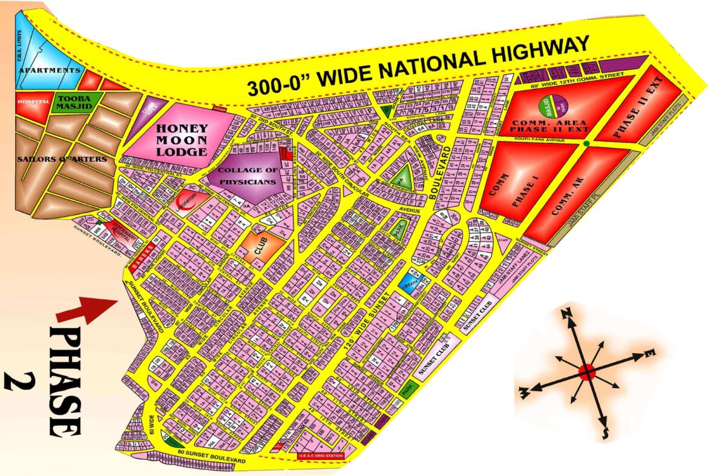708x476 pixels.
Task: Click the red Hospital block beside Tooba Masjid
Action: (33, 102)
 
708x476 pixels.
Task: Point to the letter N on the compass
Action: (567, 313)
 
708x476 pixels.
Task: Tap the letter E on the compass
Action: (649, 352)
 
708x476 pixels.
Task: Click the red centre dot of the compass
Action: (586, 372)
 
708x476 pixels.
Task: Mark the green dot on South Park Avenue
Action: (587, 144)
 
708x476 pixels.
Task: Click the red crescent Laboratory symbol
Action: (184, 203)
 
